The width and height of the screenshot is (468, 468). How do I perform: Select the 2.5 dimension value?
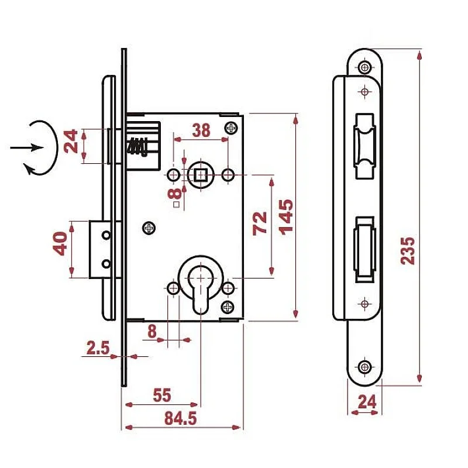(98, 349)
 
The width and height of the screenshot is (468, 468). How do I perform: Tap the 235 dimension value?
(408, 250)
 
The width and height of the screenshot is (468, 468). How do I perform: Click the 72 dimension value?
(259, 223)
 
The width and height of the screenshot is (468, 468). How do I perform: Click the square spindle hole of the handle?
(201, 174)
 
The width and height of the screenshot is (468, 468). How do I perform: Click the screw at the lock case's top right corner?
(232, 127)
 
